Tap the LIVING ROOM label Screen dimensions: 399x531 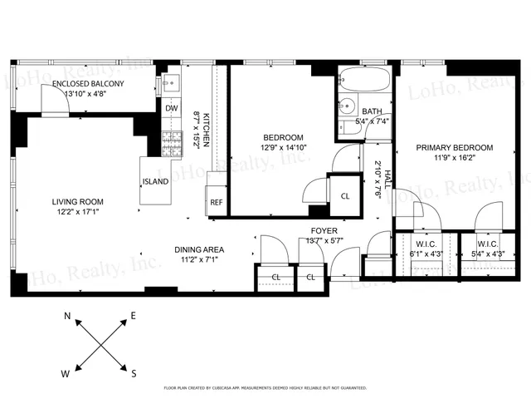[77, 201]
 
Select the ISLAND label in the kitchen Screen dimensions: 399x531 [155, 181]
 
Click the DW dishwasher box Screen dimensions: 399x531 [171, 108]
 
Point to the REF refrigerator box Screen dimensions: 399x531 [216, 202]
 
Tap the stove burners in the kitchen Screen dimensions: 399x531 [171, 142]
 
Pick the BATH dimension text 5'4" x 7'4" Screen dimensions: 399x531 [372, 121]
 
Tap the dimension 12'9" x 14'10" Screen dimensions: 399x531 [283, 148]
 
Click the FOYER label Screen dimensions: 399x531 [323, 230]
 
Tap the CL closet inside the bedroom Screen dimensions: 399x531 [345, 196]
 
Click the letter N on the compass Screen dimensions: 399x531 [68, 315]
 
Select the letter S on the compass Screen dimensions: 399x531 [134, 373]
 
